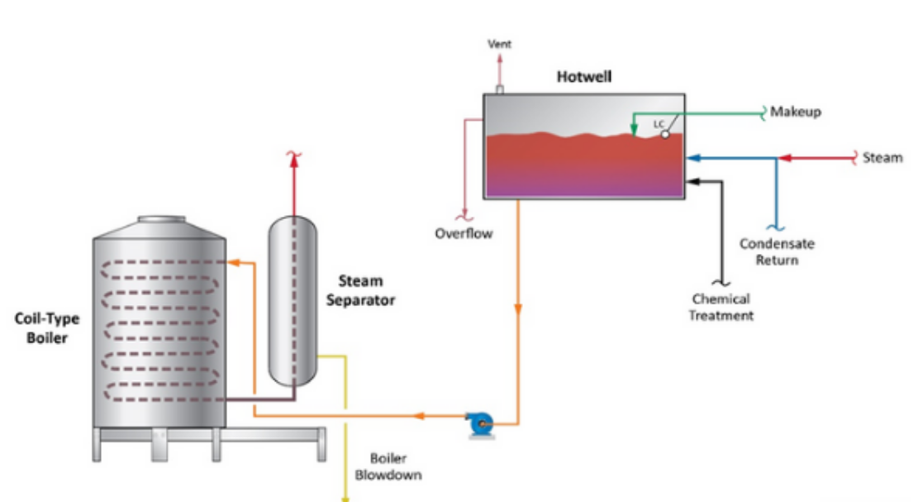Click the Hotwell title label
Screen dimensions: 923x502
click(x=584, y=77)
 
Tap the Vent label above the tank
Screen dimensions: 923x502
click(x=499, y=44)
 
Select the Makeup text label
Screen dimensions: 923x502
click(x=795, y=112)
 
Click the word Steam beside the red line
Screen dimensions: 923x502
click(x=883, y=157)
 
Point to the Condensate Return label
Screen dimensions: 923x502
click(x=777, y=251)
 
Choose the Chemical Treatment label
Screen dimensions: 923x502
click(x=721, y=307)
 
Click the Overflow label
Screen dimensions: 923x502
click(x=464, y=233)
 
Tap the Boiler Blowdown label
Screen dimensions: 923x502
click(x=388, y=466)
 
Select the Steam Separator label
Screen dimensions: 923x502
click(x=360, y=290)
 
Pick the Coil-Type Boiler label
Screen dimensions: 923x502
click(x=47, y=328)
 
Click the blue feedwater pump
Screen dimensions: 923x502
click(x=480, y=424)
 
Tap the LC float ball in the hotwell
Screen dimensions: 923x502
click(x=664, y=134)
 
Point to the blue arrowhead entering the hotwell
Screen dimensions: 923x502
click(x=693, y=158)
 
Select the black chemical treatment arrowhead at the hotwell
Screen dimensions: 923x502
click(x=693, y=181)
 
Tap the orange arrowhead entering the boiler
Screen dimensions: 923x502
click(x=234, y=262)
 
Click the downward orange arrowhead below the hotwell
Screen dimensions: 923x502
click(x=518, y=309)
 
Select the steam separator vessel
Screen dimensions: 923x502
click(x=293, y=301)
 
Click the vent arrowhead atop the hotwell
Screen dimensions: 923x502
click(x=500, y=59)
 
